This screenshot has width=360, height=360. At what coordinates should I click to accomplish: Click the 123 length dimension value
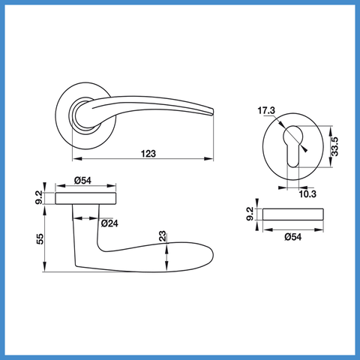[x=148, y=153]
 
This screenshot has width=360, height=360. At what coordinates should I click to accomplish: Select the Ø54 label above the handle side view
[x=82, y=180]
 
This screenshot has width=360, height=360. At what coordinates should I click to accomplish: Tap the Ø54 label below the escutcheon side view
[x=293, y=236]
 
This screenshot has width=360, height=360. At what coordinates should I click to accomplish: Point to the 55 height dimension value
[x=40, y=239]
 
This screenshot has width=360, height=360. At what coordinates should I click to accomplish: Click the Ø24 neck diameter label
[x=109, y=223]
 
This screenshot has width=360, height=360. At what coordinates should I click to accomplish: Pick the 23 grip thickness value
[x=163, y=236]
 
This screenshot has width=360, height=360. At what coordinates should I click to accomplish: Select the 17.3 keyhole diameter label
[x=266, y=110]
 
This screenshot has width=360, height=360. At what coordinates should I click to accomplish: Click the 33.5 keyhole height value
[x=334, y=146]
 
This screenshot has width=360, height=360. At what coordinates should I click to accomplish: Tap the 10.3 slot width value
[x=307, y=193]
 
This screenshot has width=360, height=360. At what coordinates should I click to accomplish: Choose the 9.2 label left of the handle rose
[x=39, y=197]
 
